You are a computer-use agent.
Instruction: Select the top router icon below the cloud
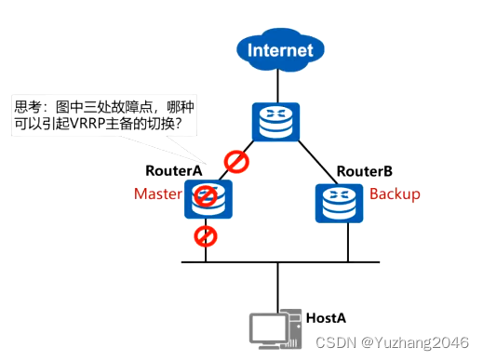pos(276,122)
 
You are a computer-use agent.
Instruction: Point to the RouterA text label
pos(173,170)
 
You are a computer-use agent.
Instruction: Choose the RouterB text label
pos(364,171)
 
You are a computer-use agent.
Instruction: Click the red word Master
pos(157,194)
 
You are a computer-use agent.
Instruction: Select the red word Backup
pos(395,194)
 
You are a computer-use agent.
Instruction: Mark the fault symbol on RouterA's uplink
pos(236,163)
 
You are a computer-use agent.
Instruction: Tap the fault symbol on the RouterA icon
pos(206,196)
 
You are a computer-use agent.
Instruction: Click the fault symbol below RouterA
pos(206,235)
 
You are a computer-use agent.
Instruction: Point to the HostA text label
pos(327,318)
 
